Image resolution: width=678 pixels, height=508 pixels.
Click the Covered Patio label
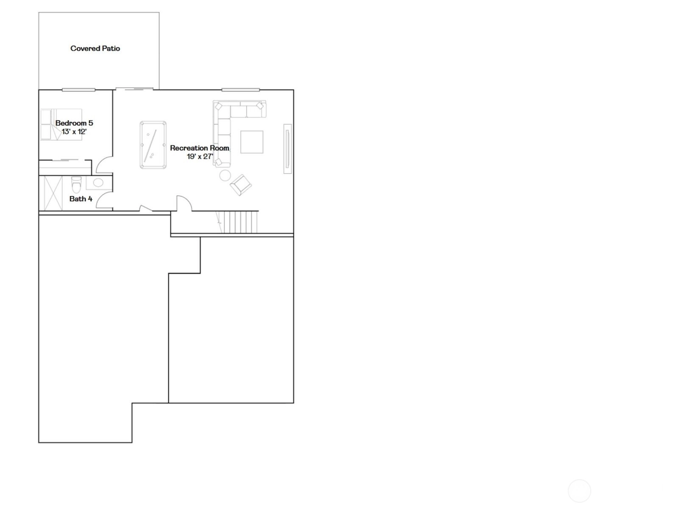95,48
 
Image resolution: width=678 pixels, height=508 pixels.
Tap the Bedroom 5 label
74,123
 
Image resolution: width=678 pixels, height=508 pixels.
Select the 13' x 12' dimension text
74,132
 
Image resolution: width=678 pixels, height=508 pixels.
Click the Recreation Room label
200,148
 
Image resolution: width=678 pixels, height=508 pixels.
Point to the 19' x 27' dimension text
200,156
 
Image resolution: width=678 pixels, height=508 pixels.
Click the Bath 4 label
81,199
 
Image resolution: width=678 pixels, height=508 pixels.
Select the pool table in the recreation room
153,145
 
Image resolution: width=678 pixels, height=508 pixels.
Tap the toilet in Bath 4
76,185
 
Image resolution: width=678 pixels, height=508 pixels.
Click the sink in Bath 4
98,182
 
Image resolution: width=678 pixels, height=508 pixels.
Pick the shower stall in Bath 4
53,193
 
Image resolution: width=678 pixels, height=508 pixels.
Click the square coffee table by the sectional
252,142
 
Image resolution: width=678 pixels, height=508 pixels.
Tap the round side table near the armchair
225,176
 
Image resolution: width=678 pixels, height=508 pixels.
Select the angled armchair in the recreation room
241,185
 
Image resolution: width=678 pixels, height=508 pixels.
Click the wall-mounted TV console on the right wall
288,149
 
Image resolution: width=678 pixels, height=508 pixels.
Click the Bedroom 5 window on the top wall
78,90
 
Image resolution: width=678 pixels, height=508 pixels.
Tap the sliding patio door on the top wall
134,89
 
